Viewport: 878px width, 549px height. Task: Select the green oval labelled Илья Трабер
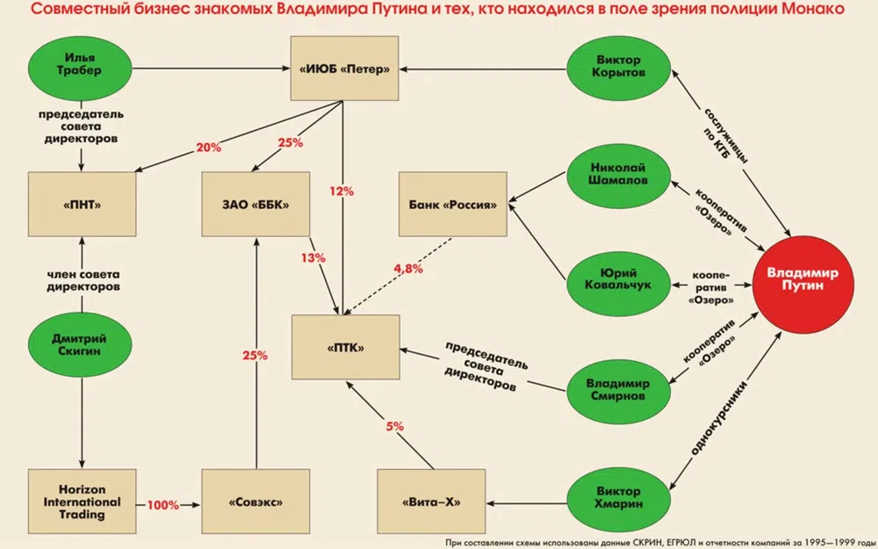tap(81, 68)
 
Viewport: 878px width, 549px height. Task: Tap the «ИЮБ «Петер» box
tap(344, 69)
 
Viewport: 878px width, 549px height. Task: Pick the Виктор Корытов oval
tap(619, 68)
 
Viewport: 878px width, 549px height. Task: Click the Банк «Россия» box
tap(453, 205)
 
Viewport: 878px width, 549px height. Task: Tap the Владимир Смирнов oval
tap(619, 390)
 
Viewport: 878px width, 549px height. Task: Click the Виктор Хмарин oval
tap(619, 496)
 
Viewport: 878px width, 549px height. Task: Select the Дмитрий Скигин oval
tap(81, 343)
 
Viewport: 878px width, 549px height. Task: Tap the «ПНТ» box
tap(81, 205)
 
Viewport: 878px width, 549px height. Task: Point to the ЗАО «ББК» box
tap(255, 205)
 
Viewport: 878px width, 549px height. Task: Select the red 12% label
tap(342, 191)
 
